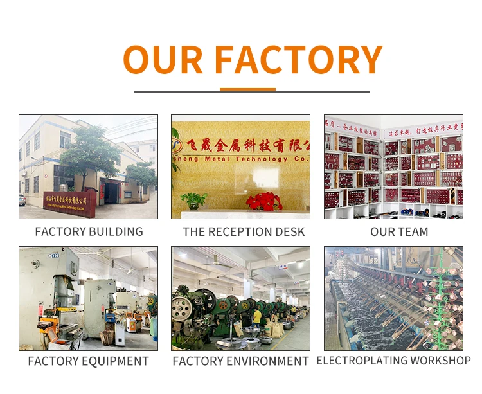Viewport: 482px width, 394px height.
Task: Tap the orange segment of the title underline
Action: pos(247,90)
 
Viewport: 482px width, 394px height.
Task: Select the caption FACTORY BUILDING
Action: pos(89,232)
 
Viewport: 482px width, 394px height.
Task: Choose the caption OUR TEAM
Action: pos(399,232)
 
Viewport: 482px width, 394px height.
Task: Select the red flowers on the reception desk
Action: pos(264,201)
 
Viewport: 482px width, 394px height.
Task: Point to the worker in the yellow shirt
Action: pos(258,316)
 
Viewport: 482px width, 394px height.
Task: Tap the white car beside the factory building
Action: pos(22,200)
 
